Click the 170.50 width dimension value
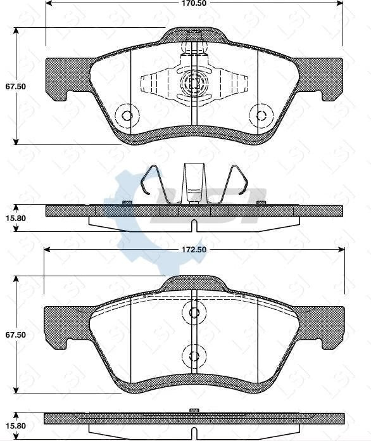[194, 3]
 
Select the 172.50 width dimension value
[194, 250]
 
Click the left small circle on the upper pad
[127, 115]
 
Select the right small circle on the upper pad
[260, 115]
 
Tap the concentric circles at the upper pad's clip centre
[192, 83]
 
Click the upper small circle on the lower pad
[194, 312]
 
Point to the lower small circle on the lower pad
[194, 354]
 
